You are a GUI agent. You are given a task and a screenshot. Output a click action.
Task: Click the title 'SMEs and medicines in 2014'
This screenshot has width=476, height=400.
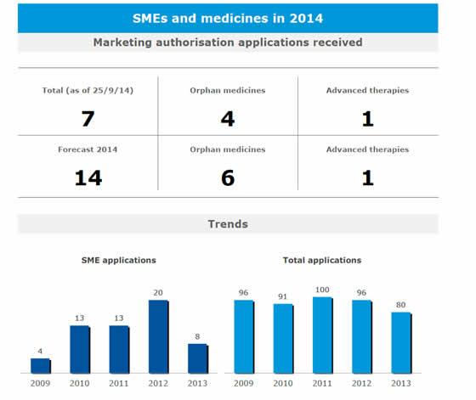[x=227, y=17]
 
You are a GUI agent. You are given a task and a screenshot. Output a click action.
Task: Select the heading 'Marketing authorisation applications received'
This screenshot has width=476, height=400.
[x=227, y=42]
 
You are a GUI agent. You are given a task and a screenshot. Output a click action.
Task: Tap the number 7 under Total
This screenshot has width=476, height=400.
[x=88, y=117]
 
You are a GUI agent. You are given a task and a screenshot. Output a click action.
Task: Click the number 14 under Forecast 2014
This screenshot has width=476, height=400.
[x=88, y=177]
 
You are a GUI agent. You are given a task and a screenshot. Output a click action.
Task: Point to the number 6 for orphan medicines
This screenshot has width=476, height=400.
[x=227, y=177]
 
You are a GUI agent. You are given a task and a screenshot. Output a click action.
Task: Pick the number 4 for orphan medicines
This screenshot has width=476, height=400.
[x=227, y=117]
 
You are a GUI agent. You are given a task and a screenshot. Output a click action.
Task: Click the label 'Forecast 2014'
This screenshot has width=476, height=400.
[x=88, y=149]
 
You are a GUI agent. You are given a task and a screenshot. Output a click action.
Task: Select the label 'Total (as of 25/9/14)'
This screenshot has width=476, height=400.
[x=88, y=90]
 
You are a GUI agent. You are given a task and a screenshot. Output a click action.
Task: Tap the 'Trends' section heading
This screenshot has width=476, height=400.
[x=227, y=224]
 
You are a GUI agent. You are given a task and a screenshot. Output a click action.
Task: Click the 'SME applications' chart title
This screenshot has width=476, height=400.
[x=118, y=260]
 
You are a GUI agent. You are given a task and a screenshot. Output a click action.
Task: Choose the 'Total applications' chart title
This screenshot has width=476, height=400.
[x=321, y=260]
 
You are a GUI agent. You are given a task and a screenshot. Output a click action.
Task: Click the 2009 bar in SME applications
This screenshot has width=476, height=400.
[x=40, y=365]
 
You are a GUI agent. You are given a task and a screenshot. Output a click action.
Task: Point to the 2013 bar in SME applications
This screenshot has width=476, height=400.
[x=197, y=358]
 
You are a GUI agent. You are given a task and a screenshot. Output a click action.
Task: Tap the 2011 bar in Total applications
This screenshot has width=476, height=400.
[x=322, y=335]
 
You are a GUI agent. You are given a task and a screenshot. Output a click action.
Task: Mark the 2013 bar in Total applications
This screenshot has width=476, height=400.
[x=400, y=343]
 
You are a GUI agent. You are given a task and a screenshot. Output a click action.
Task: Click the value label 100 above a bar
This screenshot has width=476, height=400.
[x=322, y=290]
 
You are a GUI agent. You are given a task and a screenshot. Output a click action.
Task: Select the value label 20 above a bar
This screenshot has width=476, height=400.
[x=158, y=293]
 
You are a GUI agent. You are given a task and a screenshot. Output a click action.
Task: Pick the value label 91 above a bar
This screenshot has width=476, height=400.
[x=283, y=296]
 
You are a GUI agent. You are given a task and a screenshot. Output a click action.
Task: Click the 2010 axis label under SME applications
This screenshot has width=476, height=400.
[x=79, y=383]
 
